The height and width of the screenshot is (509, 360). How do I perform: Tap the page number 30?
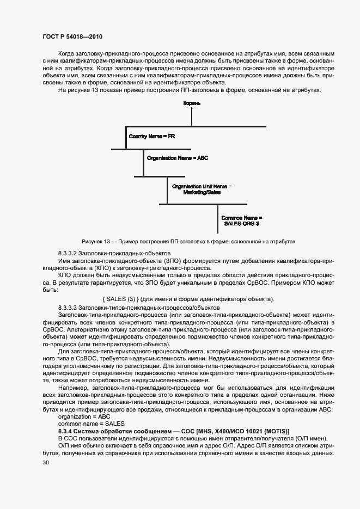point(45,463)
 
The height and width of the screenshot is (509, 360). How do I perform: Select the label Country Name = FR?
point(151,136)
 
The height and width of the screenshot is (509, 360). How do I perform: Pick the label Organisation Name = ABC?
point(178,158)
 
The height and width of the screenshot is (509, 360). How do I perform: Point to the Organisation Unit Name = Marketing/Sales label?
point(202,189)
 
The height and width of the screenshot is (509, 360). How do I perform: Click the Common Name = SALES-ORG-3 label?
point(242,220)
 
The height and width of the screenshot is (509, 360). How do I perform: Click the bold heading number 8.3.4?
point(67,431)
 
